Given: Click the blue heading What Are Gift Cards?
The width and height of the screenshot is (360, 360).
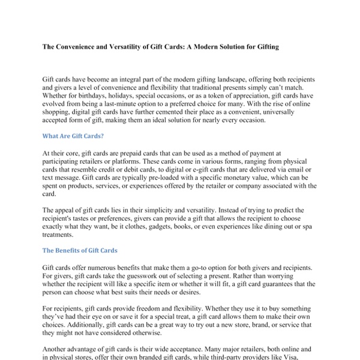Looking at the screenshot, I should click(73, 136).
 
